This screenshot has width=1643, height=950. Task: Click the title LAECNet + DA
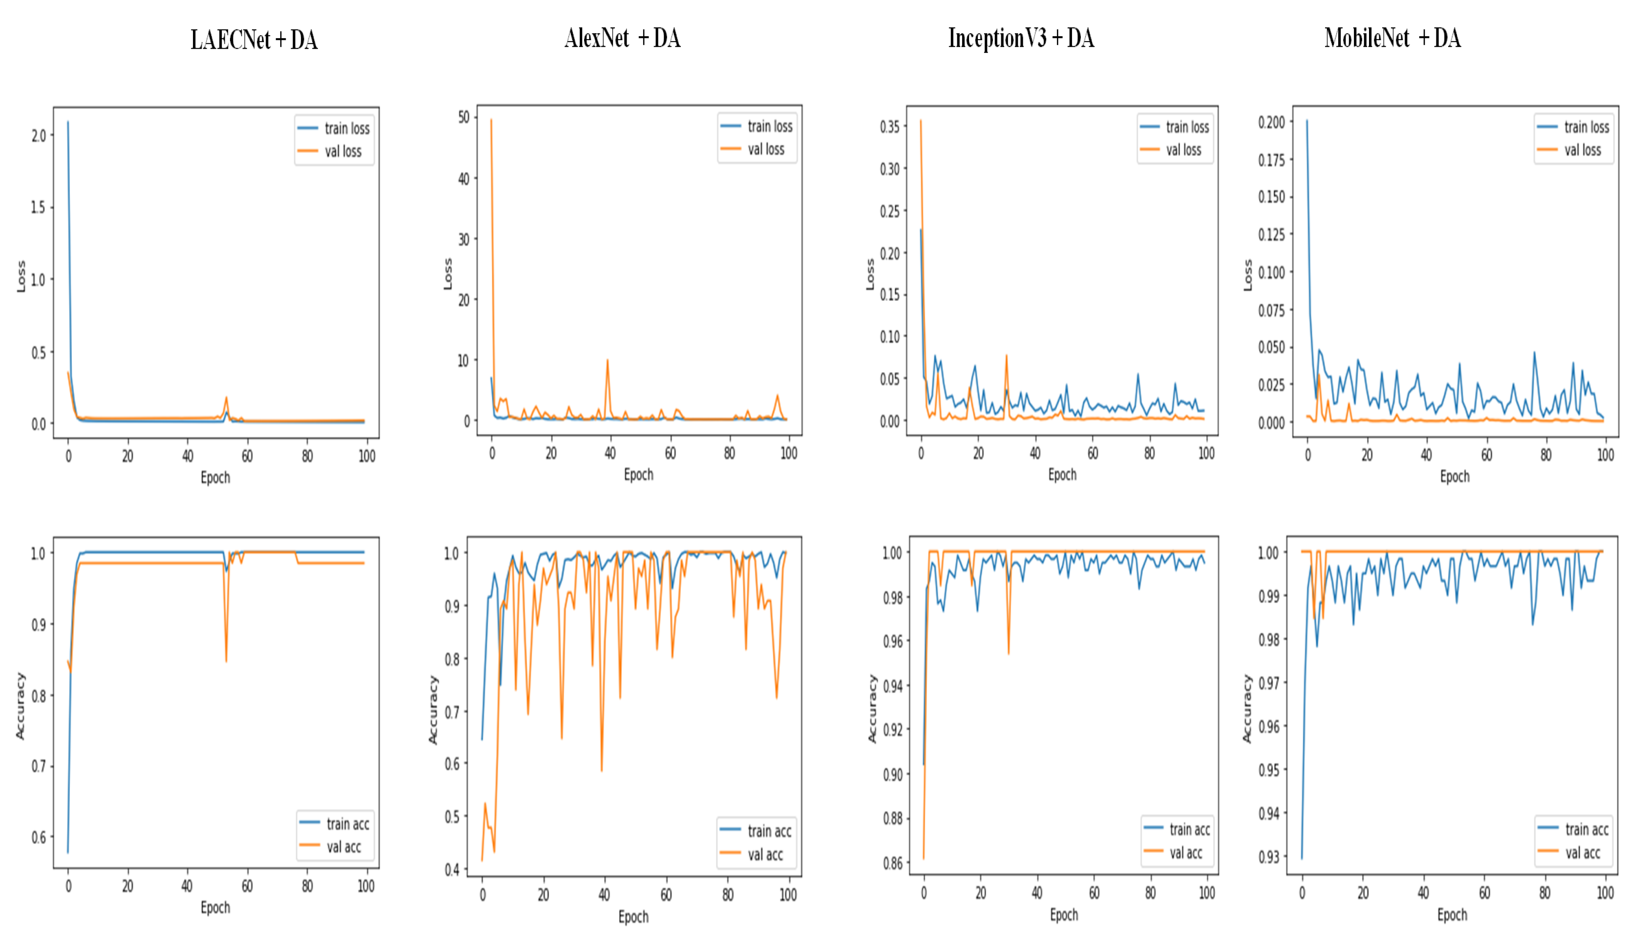click(x=253, y=40)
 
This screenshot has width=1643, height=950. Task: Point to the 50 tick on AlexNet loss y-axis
click(x=463, y=117)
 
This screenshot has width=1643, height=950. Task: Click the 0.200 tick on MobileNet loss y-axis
click(x=1271, y=123)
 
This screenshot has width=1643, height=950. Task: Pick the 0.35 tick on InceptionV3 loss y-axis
click(x=889, y=127)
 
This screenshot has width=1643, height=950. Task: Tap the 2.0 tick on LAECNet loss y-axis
click(x=39, y=136)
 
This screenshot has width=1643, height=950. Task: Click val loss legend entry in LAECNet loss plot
click(x=343, y=151)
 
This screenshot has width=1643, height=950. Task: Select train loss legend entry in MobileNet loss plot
click(x=1586, y=127)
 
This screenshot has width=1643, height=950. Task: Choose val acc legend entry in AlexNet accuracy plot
click(x=765, y=854)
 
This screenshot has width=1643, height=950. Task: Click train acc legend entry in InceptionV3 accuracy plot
click(x=1189, y=829)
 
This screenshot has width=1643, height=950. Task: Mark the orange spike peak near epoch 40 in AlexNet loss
click(x=608, y=360)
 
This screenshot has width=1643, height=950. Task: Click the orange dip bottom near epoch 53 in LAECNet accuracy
click(x=226, y=661)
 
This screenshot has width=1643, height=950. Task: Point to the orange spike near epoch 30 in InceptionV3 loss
click(x=1006, y=356)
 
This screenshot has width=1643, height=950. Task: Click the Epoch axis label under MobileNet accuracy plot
click(x=1452, y=915)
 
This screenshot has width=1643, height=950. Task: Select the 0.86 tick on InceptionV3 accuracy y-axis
click(x=893, y=863)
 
